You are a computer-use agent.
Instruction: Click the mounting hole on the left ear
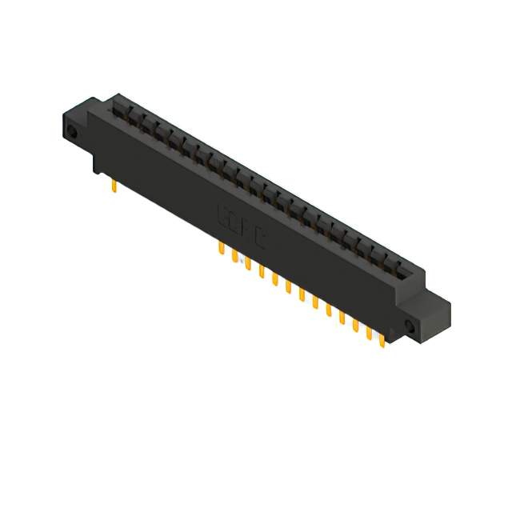click(73, 132)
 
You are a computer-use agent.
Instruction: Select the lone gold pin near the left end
click(114, 187)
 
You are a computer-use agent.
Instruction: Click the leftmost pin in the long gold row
click(221, 250)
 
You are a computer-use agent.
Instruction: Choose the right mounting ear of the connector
click(428, 316)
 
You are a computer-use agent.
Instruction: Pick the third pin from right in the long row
click(355, 325)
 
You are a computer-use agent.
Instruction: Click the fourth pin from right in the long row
click(342, 318)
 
